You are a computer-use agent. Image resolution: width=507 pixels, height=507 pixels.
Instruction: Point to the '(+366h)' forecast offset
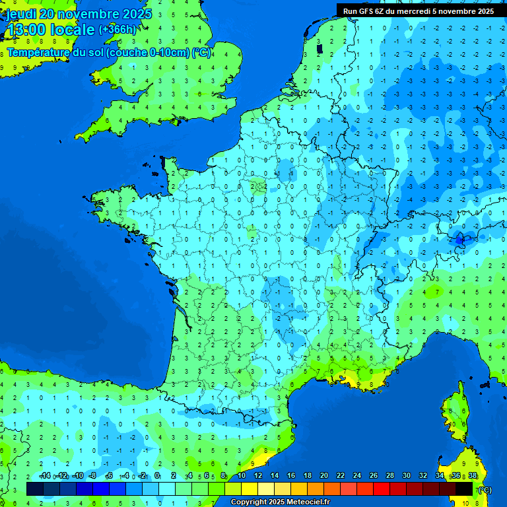pos(118,29)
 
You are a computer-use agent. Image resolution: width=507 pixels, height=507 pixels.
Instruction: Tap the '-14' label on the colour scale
pos(44,476)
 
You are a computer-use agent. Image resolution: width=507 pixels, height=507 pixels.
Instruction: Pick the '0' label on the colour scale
pos(157,476)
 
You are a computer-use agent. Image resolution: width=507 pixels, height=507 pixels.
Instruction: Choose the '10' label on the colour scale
pos(242,476)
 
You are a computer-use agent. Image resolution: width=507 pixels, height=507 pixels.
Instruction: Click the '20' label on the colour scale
pos(323,476)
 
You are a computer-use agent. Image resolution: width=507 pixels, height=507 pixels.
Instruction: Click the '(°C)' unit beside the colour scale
pos(484,490)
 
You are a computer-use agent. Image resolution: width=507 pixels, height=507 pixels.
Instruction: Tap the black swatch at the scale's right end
pos(464,489)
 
